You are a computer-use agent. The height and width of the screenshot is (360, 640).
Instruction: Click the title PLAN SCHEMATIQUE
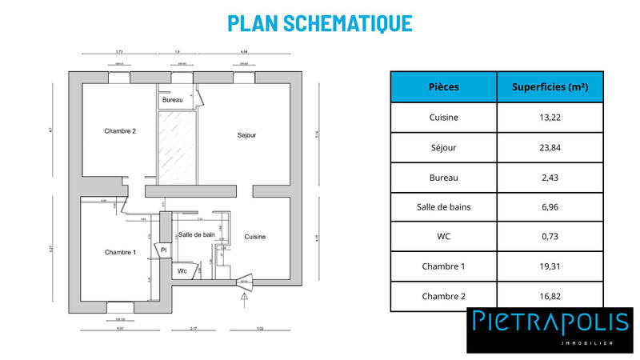320,23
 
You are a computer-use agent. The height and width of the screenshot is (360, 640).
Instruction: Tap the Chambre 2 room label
120,130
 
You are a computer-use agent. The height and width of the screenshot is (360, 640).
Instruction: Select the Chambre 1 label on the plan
120,252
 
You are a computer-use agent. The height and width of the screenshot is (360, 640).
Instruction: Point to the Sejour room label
246,135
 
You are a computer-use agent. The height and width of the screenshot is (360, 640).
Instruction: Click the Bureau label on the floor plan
172,100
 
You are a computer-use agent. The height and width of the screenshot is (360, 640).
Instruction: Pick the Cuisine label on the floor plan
255,237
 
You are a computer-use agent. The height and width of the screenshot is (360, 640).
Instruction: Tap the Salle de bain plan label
196,234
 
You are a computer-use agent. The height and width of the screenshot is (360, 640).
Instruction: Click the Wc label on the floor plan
182,271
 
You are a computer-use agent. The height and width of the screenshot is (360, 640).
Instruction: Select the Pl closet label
163,250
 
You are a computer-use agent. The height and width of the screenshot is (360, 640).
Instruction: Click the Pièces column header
443,86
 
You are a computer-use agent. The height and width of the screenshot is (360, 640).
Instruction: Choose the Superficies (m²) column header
550,86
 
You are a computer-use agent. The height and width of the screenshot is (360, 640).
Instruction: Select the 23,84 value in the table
550,147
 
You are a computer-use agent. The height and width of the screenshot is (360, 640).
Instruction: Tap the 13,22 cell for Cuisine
550,117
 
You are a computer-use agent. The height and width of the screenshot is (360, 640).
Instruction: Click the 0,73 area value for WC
550,237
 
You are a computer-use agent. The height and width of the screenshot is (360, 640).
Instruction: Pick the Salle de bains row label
443,207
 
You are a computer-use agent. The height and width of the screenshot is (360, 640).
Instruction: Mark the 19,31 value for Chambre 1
550,266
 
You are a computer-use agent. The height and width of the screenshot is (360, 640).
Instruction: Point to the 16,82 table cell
550,296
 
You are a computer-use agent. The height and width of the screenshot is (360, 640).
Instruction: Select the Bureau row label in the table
443,177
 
